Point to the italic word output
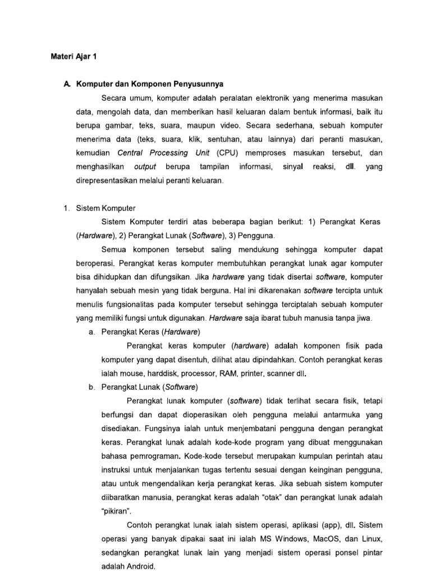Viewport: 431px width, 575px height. tap(145, 167)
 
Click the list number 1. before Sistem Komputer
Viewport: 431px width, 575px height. tap(66, 208)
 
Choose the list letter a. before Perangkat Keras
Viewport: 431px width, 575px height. tap(91, 332)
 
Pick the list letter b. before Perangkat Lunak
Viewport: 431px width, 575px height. tap(91, 387)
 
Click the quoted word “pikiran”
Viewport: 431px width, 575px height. tap(116, 510)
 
